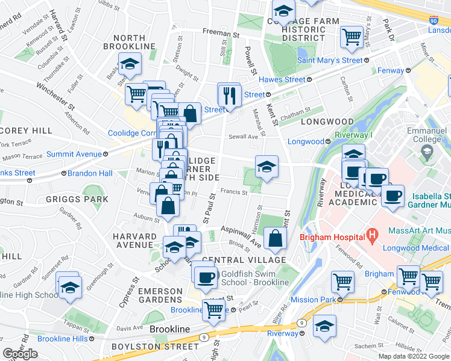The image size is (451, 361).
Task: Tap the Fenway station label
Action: pos(391,70)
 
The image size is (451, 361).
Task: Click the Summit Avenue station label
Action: pos(75,154)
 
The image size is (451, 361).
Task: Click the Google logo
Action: pos(20,354)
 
